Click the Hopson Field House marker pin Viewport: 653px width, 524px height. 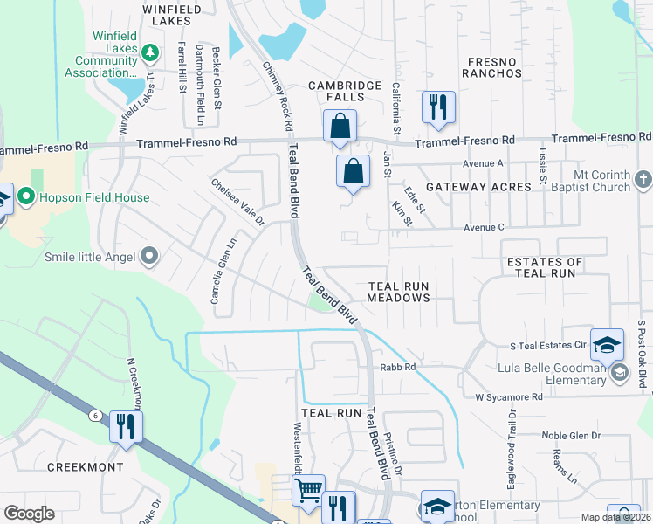[x=26, y=197]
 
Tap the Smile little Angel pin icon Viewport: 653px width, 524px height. [x=149, y=256]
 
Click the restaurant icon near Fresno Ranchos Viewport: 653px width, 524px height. [x=436, y=108]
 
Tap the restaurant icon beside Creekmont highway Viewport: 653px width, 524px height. [x=126, y=427]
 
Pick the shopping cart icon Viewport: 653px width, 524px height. [x=307, y=492]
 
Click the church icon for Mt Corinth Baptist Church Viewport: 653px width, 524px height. [x=643, y=179]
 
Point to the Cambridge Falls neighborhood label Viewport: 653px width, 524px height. [x=346, y=91]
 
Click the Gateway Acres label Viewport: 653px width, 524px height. [x=478, y=187]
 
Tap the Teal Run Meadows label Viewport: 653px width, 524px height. [x=398, y=292]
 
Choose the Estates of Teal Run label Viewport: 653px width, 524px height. [x=545, y=267]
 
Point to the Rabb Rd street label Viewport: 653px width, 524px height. [x=396, y=367]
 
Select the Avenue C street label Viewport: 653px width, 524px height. [x=484, y=227]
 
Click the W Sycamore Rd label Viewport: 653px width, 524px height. [x=508, y=396]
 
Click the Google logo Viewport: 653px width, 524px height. [x=29, y=514]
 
